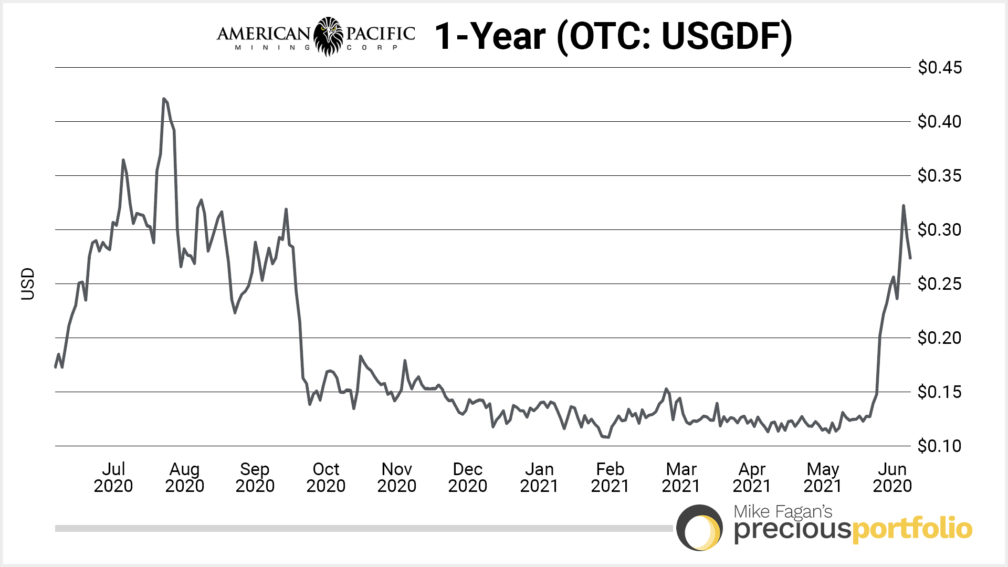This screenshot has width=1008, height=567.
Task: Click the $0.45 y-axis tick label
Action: pos(939,68)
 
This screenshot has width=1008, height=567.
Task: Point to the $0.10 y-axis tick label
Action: pos(939,446)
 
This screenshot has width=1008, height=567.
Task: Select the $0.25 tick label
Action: pos(939,284)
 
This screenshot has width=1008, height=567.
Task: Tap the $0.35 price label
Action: pos(939,176)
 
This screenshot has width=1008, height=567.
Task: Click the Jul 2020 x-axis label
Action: pos(113,477)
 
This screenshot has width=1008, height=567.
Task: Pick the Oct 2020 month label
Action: pos(325,477)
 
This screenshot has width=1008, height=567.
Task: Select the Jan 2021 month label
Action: pos(539,477)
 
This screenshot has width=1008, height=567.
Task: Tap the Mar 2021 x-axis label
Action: pos(681,477)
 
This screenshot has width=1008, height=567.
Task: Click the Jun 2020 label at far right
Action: pos(892,477)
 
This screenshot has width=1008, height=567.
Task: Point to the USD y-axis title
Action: pos(28,284)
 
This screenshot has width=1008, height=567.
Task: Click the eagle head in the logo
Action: pos(329,36)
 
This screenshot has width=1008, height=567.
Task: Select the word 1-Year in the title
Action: pos(490,36)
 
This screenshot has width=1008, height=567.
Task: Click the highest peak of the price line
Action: pos(164,99)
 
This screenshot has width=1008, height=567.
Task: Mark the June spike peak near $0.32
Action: pos(904,206)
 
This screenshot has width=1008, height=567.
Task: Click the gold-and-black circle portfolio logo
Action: pos(700,528)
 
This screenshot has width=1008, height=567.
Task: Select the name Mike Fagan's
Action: pos(783,511)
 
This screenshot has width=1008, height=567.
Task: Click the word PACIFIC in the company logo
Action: pos(381,34)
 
